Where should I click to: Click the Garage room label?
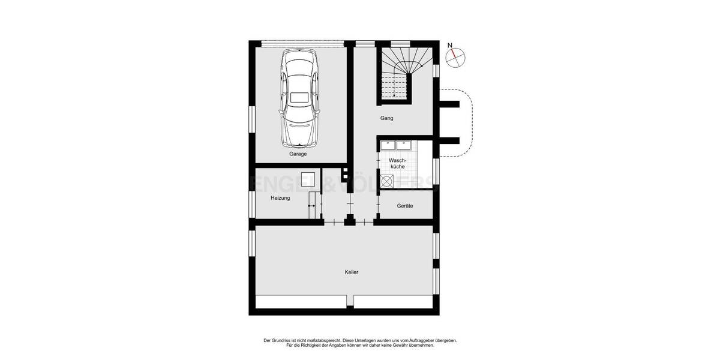[x=298, y=154]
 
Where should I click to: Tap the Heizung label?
[x=280, y=198]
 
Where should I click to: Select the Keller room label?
[x=352, y=272]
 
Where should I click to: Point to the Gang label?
[x=387, y=118]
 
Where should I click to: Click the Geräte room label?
[x=405, y=206]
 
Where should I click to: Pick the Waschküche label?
[x=398, y=163]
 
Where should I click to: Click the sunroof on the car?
[x=299, y=97]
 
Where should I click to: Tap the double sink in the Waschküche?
[x=395, y=144]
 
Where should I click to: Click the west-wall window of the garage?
[x=252, y=126]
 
